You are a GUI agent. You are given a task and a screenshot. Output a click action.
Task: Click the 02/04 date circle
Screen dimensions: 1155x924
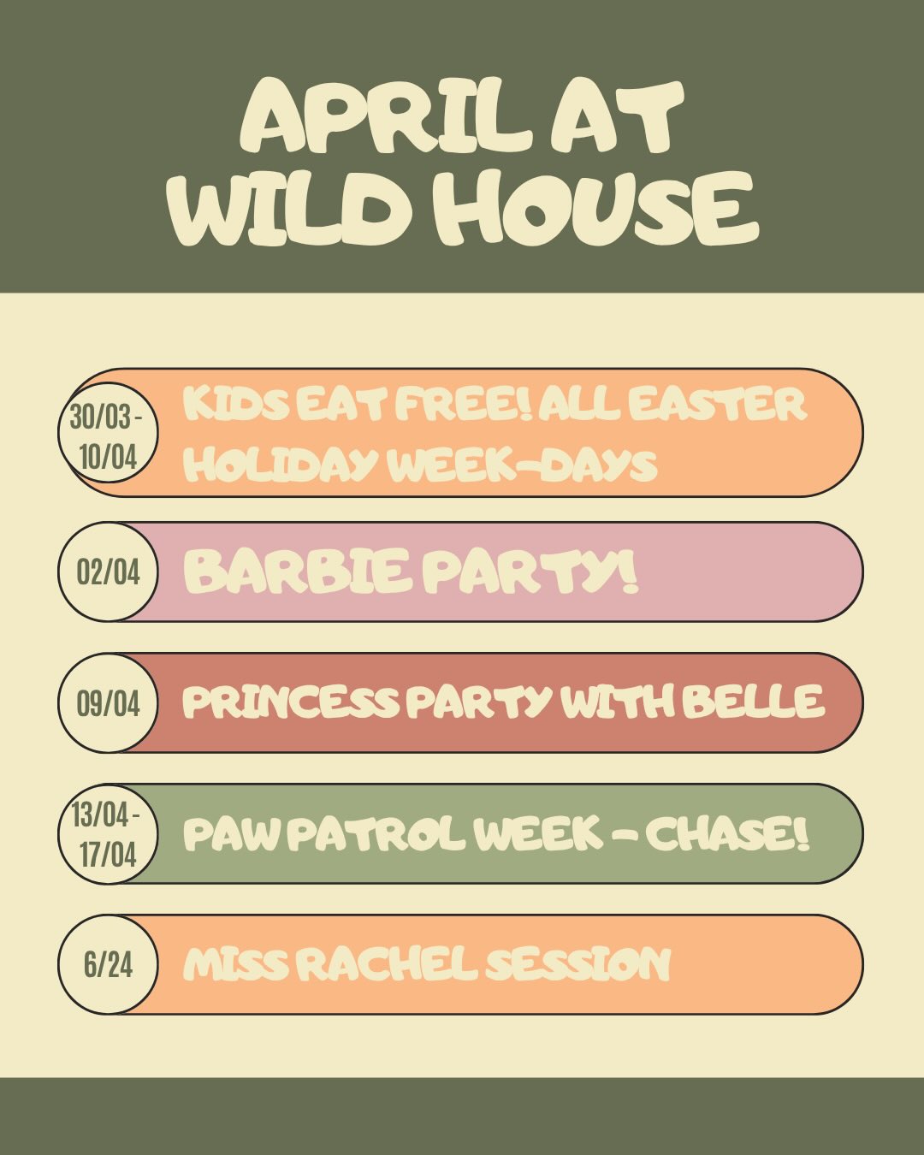108,572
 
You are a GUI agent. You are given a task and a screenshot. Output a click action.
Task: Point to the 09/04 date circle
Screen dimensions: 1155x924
108,703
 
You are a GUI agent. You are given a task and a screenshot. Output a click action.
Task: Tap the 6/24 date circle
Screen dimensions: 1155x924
108,965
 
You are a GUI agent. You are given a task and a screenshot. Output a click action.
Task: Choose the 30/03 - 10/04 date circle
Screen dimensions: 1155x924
108,436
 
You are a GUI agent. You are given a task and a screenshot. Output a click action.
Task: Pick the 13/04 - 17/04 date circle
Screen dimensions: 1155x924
108,833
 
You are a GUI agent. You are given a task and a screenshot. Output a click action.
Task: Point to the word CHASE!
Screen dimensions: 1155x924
727,833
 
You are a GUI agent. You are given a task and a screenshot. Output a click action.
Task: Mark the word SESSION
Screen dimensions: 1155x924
578,965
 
